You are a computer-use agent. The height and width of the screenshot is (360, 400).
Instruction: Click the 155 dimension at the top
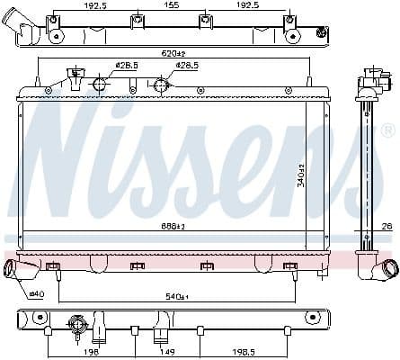pyautogui.click(x=171, y=4)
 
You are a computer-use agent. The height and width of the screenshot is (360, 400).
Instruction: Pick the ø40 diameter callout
pyautogui.click(x=36, y=293)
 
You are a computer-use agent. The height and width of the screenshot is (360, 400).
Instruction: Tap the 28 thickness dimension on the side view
pyautogui.click(x=387, y=226)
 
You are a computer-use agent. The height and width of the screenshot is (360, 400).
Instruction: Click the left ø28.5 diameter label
pyautogui.click(x=124, y=66)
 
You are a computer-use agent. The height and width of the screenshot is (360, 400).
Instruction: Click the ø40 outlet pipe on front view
pyautogui.click(x=12, y=270)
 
